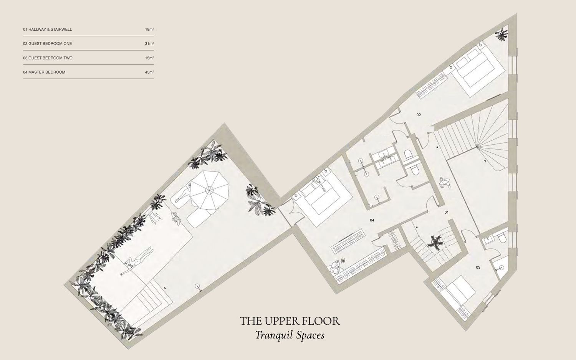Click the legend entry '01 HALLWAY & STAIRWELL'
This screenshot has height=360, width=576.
tap(48, 29)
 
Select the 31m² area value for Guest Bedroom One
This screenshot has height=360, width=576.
tap(149, 44)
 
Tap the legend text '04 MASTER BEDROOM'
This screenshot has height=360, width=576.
tap(44, 72)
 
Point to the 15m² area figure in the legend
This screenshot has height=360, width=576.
tap(149, 58)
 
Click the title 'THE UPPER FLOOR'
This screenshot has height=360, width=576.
tap(290, 321)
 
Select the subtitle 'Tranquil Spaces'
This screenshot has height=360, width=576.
tap(290, 335)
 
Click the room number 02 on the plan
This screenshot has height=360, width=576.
tap(419, 115)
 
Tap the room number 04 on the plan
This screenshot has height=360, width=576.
tap(372, 220)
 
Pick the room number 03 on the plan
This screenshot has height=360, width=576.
tap(478, 267)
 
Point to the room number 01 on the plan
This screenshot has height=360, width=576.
tap(447, 213)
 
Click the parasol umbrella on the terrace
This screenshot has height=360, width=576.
tap(209, 190)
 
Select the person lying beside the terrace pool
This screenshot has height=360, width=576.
tap(137, 260)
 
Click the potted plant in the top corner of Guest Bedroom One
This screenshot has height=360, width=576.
tap(502, 34)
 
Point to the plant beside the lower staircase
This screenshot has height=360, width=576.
tap(435, 243)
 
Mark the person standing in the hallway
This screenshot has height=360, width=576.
tap(445, 182)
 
